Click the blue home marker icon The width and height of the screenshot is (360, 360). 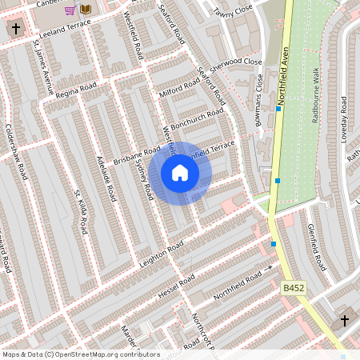tap(180, 173)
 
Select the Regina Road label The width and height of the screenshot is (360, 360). tap(75, 87)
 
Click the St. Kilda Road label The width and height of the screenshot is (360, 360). tap(79, 212)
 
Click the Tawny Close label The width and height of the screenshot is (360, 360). tap(233, 10)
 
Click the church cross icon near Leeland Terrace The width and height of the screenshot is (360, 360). tap(14, 29)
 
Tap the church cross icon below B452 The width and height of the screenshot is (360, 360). tap(345, 321)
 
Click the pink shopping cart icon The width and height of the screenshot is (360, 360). tap(70, 10)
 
